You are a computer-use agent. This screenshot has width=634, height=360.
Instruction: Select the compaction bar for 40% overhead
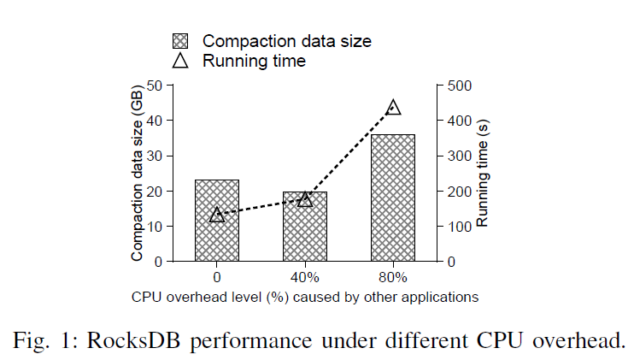point(305,231)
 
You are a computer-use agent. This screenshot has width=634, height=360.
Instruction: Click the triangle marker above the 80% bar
point(393,108)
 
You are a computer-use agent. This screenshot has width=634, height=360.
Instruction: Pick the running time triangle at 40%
point(305,199)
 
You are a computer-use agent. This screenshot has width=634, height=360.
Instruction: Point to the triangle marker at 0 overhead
point(217,215)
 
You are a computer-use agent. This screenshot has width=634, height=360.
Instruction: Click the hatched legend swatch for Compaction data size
point(180,40)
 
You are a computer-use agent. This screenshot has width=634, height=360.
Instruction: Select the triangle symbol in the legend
point(180,61)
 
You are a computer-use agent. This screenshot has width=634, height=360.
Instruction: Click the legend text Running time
point(254,61)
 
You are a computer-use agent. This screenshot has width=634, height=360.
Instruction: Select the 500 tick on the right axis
point(457,86)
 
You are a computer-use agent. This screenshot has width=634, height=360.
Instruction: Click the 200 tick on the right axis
point(457,192)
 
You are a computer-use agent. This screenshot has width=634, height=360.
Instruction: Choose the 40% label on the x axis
point(305,278)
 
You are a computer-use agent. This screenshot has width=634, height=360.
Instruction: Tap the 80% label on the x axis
point(393,278)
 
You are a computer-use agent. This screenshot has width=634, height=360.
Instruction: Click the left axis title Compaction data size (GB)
point(137,174)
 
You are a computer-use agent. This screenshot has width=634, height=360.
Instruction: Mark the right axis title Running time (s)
point(484,174)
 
